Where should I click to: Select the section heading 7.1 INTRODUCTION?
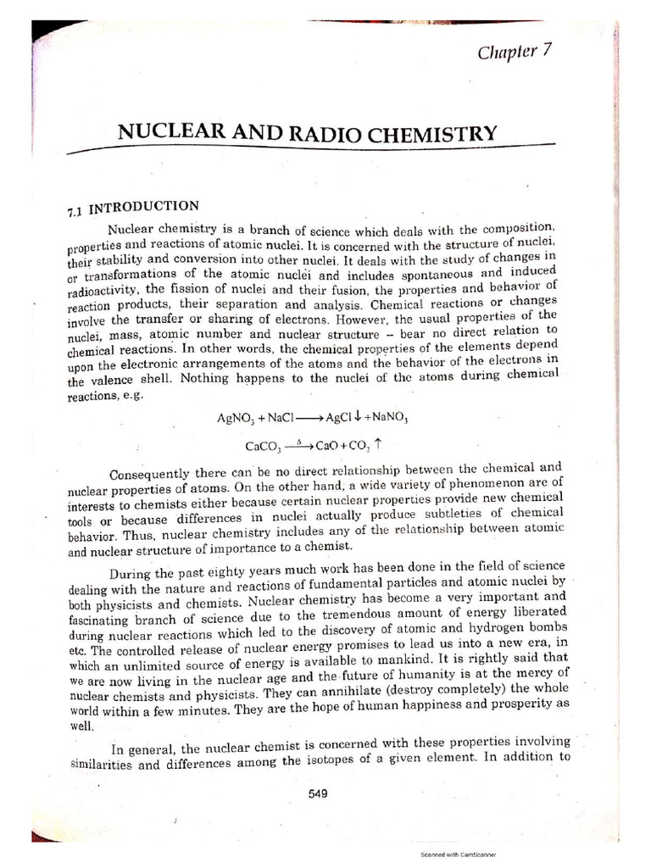pos(132,208)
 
